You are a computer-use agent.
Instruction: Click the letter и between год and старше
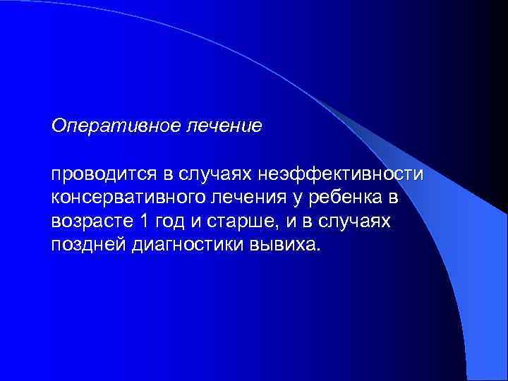click(195, 223)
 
